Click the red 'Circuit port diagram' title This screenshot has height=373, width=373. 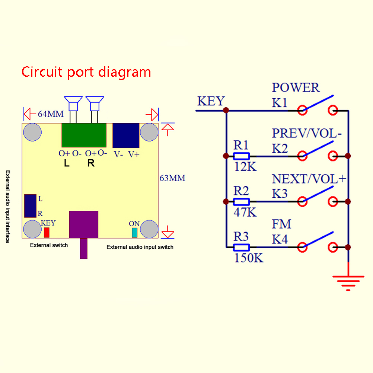[86, 71]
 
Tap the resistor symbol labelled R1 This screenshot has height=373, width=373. [241, 156]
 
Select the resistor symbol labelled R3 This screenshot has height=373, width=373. [241, 247]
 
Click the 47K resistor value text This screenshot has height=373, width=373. [245, 212]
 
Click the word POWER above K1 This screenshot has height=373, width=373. [296, 88]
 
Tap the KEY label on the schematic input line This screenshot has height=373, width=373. [211, 101]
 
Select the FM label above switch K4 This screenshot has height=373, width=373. [281, 224]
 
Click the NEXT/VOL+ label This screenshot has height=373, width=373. [309, 179]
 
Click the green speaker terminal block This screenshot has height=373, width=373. [84, 135]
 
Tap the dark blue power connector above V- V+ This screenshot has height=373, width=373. [126, 136]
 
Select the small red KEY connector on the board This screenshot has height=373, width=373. [47, 233]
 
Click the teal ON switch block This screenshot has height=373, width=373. [134, 233]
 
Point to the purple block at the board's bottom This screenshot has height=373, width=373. [84, 224]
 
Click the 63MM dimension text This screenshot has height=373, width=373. [172, 178]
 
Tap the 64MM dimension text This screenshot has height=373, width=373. [51, 114]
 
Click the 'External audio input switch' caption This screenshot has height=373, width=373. [140, 247]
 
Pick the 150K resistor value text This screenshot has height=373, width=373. [249, 258]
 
